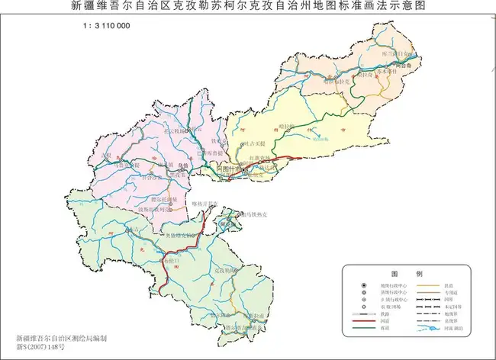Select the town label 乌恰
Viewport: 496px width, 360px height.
point(182,164)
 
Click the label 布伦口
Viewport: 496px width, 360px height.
point(171,261)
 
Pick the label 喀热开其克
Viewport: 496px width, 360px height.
point(204,204)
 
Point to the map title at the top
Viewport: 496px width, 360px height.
point(248,6)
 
